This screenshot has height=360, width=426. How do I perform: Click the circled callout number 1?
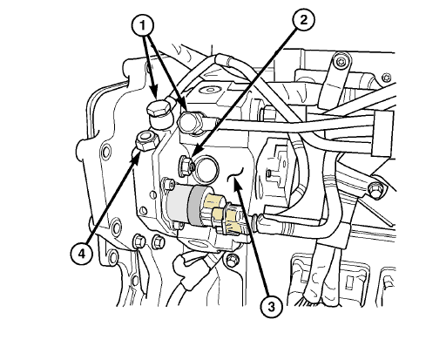(143, 26)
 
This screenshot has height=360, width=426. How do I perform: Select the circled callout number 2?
(303, 20)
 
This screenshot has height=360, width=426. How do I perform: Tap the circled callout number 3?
(271, 307)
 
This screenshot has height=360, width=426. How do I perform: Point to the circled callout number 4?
(82, 254)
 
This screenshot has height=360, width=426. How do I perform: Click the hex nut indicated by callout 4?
(147, 140)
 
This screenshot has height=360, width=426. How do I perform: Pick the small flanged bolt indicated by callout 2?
(185, 166)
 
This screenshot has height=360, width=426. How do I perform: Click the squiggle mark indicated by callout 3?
(235, 174)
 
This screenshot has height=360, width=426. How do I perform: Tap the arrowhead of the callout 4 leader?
(136, 157)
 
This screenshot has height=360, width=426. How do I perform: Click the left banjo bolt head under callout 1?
(159, 108)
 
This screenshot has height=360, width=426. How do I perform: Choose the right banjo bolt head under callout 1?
(190, 122)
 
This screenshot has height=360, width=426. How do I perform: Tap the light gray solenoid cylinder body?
(178, 204)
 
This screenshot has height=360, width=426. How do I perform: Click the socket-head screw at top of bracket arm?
(340, 62)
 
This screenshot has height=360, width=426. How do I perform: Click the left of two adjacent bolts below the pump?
(139, 241)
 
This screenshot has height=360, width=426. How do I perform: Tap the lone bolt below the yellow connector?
(232, 260)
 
